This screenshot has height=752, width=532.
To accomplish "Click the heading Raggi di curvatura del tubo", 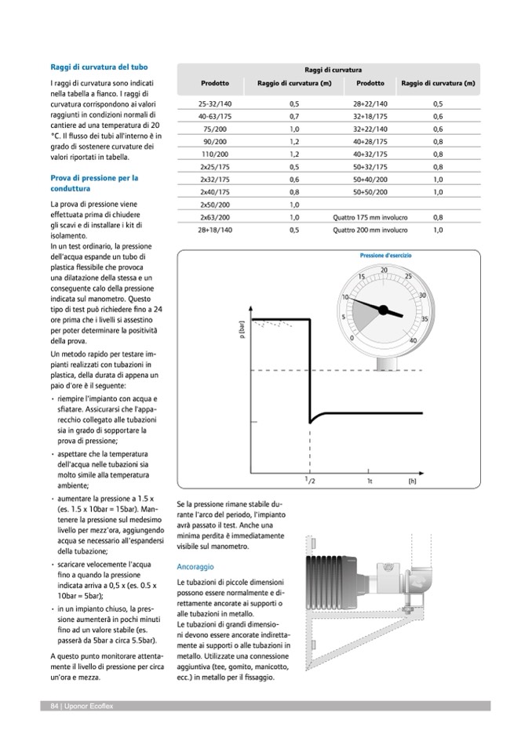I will pos(99,67).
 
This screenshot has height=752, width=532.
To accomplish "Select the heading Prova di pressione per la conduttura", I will pos(93,183).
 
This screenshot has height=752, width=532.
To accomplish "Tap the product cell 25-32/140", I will pos(214,104).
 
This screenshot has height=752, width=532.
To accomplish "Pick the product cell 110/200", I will pos(214,154).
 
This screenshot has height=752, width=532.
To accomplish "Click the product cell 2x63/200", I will pos(214,217).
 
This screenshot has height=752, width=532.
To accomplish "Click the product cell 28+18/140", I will pos(214,231).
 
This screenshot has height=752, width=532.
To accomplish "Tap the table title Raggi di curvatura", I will pos(327,70).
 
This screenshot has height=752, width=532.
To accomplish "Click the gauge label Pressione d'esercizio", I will pos(385,256).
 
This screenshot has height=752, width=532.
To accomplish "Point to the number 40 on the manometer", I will pos(414,340).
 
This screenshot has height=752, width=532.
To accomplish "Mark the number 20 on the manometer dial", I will pos(384,271).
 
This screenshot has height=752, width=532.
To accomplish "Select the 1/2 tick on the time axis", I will pos(310,480).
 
